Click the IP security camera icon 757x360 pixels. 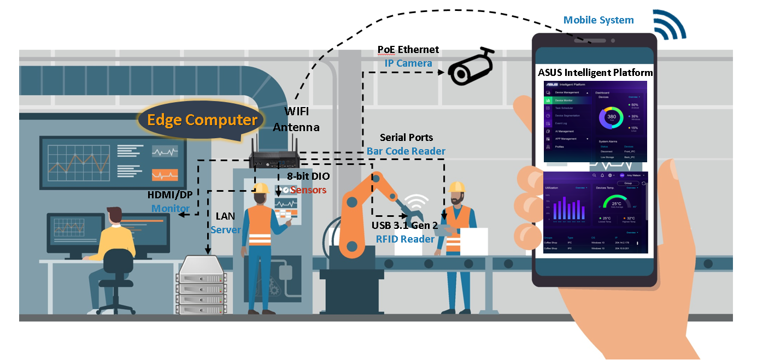(471, 67)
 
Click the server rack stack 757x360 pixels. (202, 285)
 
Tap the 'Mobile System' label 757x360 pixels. (598, 20)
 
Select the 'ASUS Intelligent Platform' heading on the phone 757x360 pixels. (595, 72)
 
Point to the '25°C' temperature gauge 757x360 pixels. (616, 203)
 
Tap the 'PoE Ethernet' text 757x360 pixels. (408, 50)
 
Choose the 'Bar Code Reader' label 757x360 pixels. (406, 151)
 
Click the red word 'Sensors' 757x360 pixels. (308, 190)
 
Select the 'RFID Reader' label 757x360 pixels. (405, 239)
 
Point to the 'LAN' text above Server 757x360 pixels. (225, 217)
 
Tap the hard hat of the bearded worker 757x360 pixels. (456, 187)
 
